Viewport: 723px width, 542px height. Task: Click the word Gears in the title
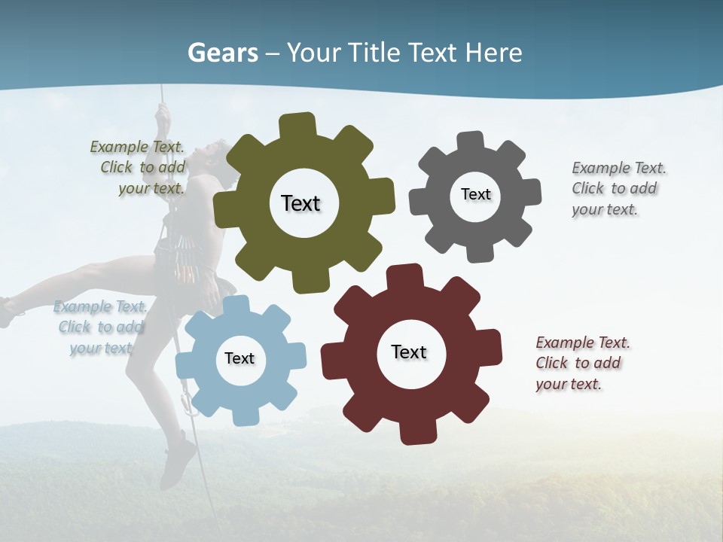222,53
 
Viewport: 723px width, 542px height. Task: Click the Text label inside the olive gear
300,203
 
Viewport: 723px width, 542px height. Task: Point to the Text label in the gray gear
475,194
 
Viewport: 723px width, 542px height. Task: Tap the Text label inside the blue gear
239,358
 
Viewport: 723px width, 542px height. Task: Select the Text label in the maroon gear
409,352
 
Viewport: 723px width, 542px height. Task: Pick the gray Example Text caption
618,188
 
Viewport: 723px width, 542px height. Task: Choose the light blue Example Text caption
100,327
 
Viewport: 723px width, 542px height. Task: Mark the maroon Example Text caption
581,363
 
